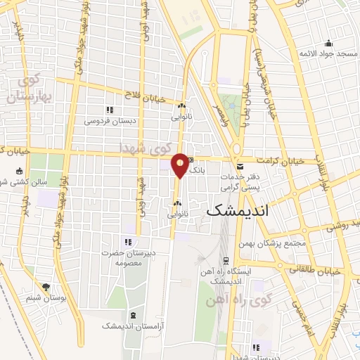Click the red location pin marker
[x=181, y=165]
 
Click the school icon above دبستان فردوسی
[x=110, y=110]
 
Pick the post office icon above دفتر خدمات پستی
[x=240, y=167]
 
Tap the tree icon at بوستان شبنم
[x=46, y=287]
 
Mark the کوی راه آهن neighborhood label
[x=229, y=301]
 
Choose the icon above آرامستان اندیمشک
[x=132, y=314]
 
